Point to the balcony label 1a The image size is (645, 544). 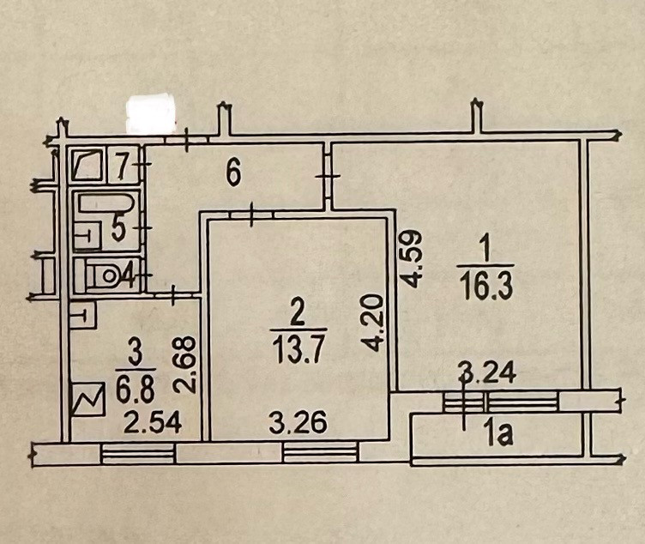click(498, 437)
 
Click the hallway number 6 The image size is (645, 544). click(232, 174)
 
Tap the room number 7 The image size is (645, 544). click(122, 163)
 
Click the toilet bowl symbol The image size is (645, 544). click(105, 276)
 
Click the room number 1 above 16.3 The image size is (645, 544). click(483, 250)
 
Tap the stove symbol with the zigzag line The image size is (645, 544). click(87, 401)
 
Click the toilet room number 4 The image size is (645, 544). click(125, 277)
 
